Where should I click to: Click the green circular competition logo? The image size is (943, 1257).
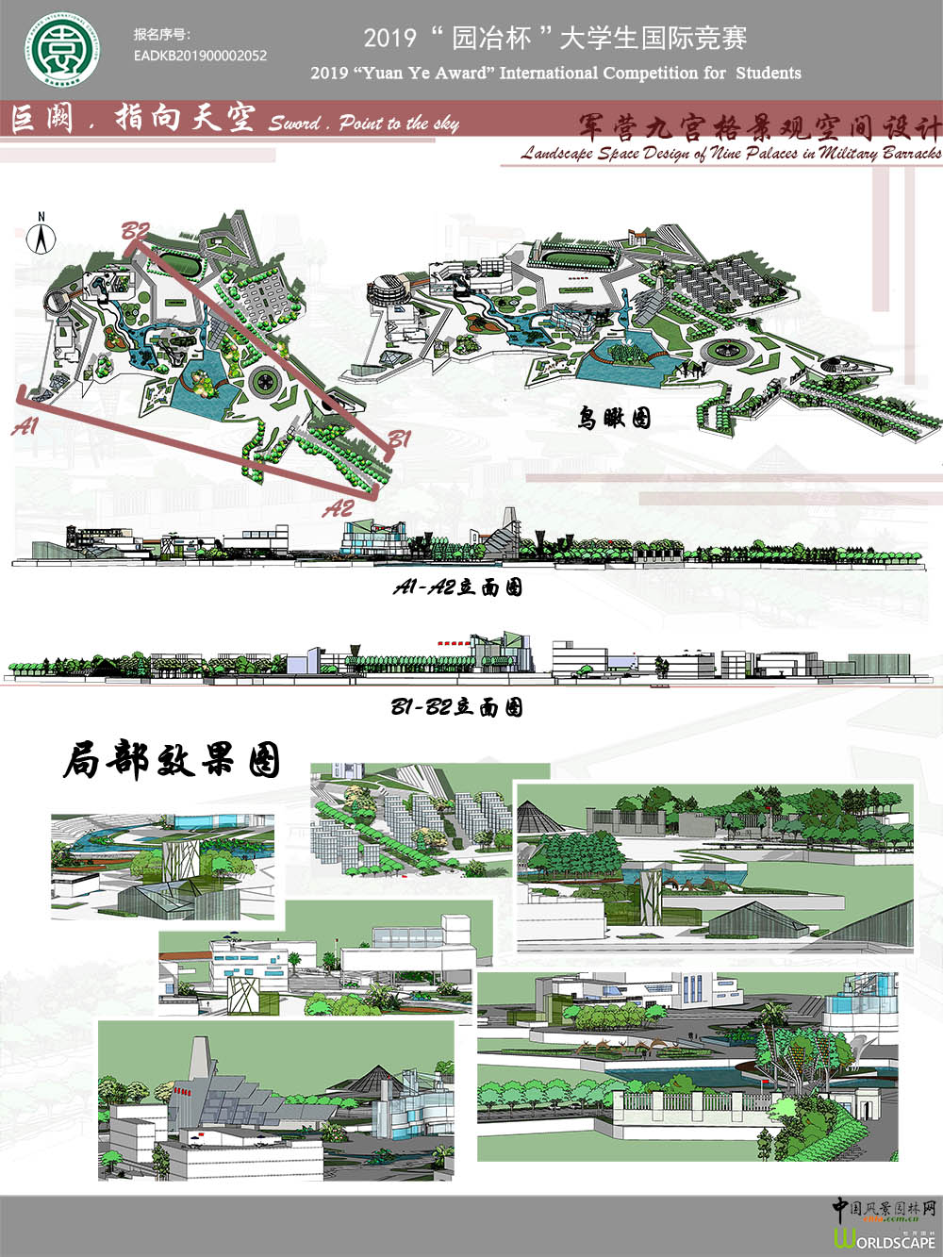tap(61, 49)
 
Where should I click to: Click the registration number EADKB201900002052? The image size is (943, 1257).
tap(200, 56)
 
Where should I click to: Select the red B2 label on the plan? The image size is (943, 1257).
tap(136, 231)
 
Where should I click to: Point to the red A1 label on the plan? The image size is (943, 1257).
tap(25, 426)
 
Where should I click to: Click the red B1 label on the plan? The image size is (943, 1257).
tap(399, 439)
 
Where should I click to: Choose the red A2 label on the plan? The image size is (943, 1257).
tap(339, 508)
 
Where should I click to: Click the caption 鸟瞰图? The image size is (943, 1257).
tap(614, 418)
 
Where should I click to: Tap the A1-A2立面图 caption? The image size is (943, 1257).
tap(457, 587)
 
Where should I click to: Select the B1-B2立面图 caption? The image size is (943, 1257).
tap(456, 707)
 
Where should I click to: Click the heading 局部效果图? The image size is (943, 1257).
tap(173, 759)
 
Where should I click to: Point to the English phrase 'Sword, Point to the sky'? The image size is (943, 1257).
tap(364, 123)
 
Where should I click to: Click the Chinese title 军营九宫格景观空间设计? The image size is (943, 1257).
tap(759, 126)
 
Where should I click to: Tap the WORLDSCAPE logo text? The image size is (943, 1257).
tap(885, 1241)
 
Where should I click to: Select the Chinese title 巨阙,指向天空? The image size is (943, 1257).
tap(132, 119)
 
